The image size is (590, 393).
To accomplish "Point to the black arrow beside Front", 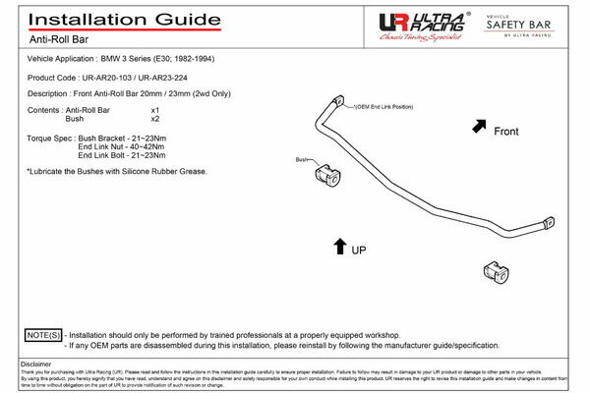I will [x=479, y=125].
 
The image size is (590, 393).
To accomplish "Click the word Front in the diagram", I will [x=505, y=131].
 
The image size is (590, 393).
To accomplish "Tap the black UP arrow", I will [x=339, y=247].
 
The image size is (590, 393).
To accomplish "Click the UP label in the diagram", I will [x=359, y=251].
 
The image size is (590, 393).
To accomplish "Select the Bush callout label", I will [x=302, y=159].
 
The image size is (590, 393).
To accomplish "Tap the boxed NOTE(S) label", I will [x=42, y=335].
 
